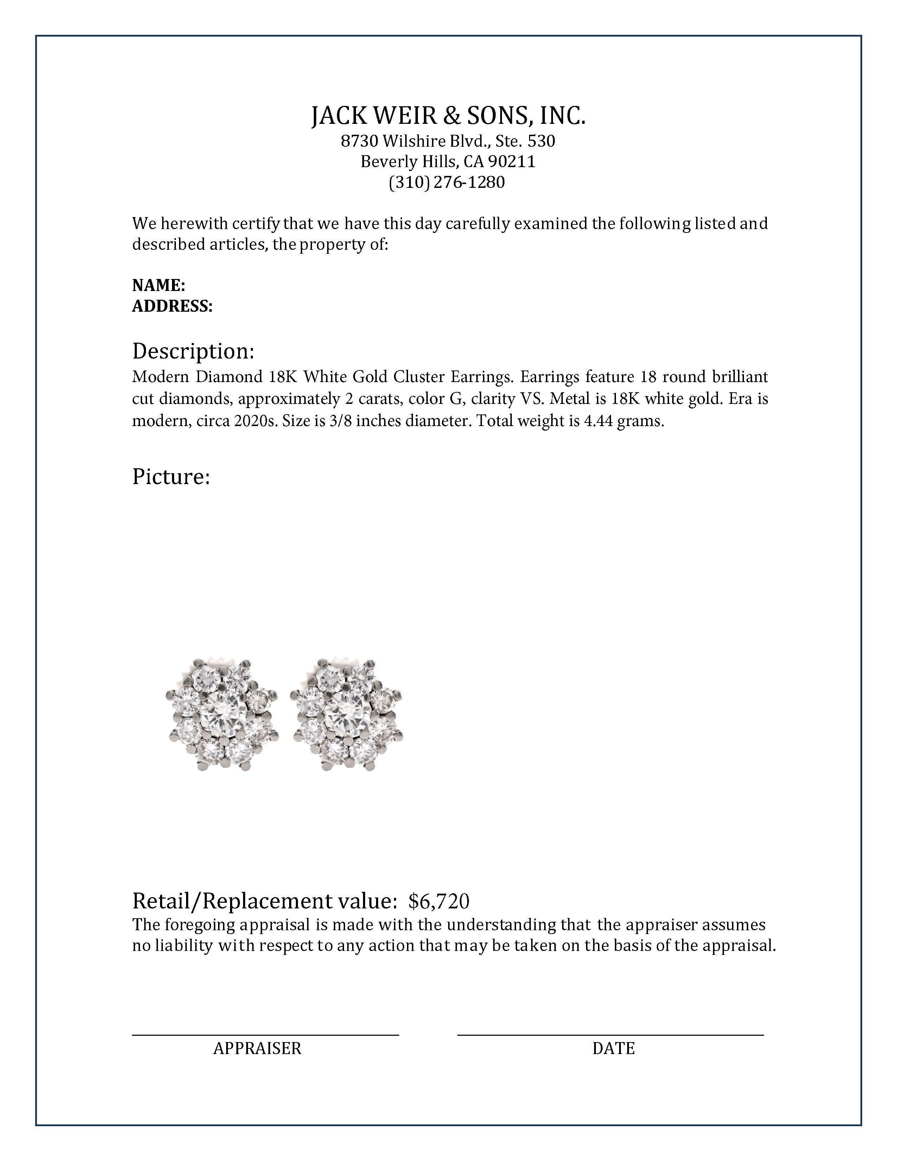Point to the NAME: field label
(158, 285)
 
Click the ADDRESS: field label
(172, 306)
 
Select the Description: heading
(193, 351)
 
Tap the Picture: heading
(171, 477)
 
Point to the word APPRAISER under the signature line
(257, 1048)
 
